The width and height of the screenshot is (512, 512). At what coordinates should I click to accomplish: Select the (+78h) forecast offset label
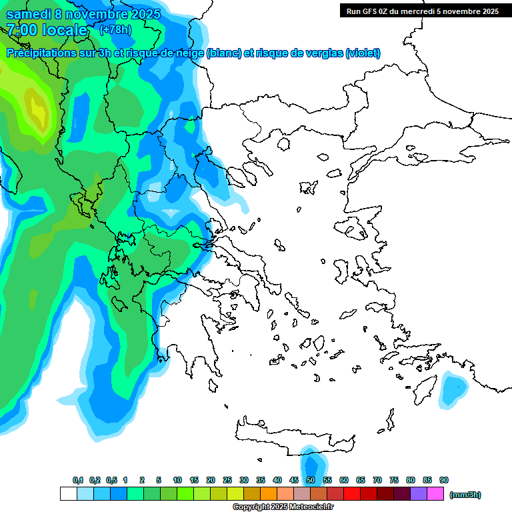[x=115, y=30]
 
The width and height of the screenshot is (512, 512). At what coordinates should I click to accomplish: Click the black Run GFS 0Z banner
[x=422, y=11]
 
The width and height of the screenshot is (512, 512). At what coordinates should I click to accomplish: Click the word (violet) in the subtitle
[x=363, y=53]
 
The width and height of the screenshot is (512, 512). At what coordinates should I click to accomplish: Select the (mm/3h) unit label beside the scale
[x=465, y=495]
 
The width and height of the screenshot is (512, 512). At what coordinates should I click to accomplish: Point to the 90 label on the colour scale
[x=444, y=480]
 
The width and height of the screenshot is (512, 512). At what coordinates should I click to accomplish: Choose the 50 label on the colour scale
[x=311, y=480]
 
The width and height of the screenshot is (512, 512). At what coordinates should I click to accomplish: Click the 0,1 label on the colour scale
[x=78, y=480]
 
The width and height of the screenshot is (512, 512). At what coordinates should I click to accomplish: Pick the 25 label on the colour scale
[x=227, y=480]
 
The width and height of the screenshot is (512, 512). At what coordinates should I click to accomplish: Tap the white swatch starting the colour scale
[x=68, y=494]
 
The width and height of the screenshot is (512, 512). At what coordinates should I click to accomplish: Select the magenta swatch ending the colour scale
[x=435, y=494]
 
